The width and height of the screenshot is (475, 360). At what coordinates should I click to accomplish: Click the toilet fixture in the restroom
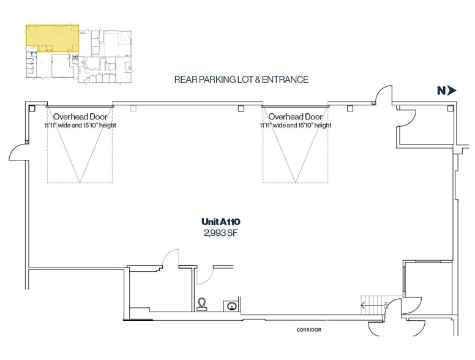coord(202,304)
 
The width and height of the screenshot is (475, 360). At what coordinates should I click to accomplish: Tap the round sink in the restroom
coord(231,306)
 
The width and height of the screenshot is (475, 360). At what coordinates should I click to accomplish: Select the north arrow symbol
coord(452,90)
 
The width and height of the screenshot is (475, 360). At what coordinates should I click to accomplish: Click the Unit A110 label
coord(221,222)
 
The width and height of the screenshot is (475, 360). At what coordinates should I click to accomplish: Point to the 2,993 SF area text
coord(220,233)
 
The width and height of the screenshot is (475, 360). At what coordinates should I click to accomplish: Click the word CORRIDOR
coord(309,330)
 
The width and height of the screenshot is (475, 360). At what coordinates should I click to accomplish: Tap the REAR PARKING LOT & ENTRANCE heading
coord(241,80)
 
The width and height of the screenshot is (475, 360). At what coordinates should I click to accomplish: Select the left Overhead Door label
coord(80,117)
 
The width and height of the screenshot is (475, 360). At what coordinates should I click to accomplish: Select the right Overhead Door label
coord(296,117)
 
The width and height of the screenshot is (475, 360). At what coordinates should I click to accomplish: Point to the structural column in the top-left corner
coord(32,108)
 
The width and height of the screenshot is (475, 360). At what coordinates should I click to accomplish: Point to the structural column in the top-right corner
coord(451,108)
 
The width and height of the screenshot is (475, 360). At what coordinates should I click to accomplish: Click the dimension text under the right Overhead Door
coord(296,125)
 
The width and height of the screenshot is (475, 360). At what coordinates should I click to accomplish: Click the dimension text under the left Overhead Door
coord(80,125)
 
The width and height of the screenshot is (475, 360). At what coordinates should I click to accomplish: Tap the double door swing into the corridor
coord(397,321)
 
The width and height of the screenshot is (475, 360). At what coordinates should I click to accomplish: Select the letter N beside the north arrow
coord(441,91)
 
